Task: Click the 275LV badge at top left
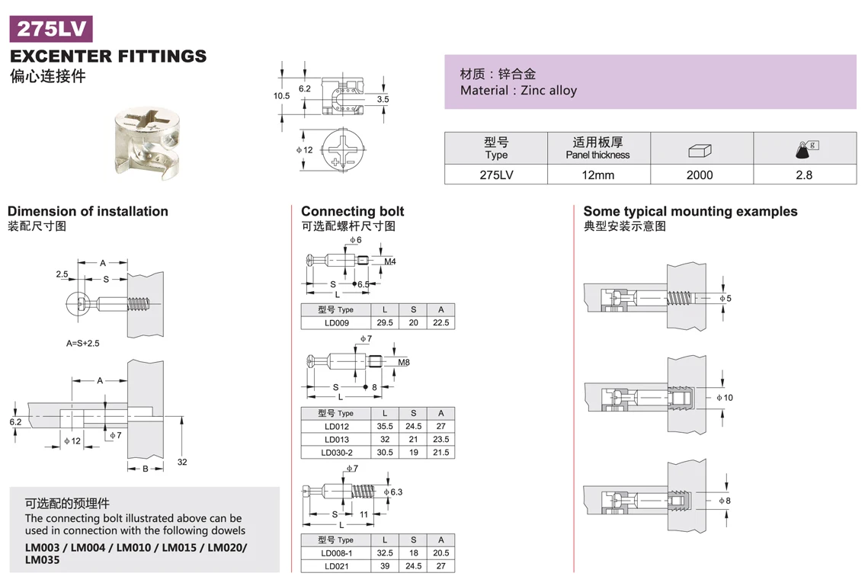50,29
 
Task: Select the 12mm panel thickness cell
599,175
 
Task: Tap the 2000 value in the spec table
700,175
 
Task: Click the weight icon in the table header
804,149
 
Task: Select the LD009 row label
336,323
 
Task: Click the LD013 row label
336,440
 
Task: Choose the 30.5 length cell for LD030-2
385,453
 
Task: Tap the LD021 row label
336,566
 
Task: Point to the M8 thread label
404,363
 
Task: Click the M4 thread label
390,262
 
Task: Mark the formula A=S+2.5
82,344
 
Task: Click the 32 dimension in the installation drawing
182,463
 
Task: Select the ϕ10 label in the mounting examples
725,398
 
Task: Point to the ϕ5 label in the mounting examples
725,299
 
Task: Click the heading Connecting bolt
352,211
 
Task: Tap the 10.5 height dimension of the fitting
282,96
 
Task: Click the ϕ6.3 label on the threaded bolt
393,492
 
